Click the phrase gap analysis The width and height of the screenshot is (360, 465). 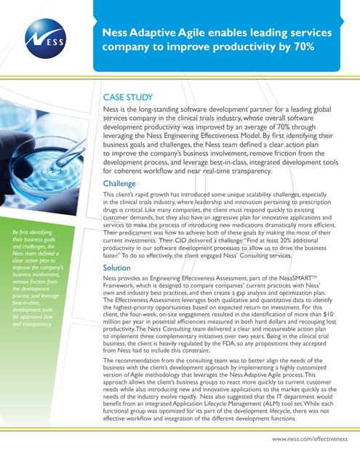256,274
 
